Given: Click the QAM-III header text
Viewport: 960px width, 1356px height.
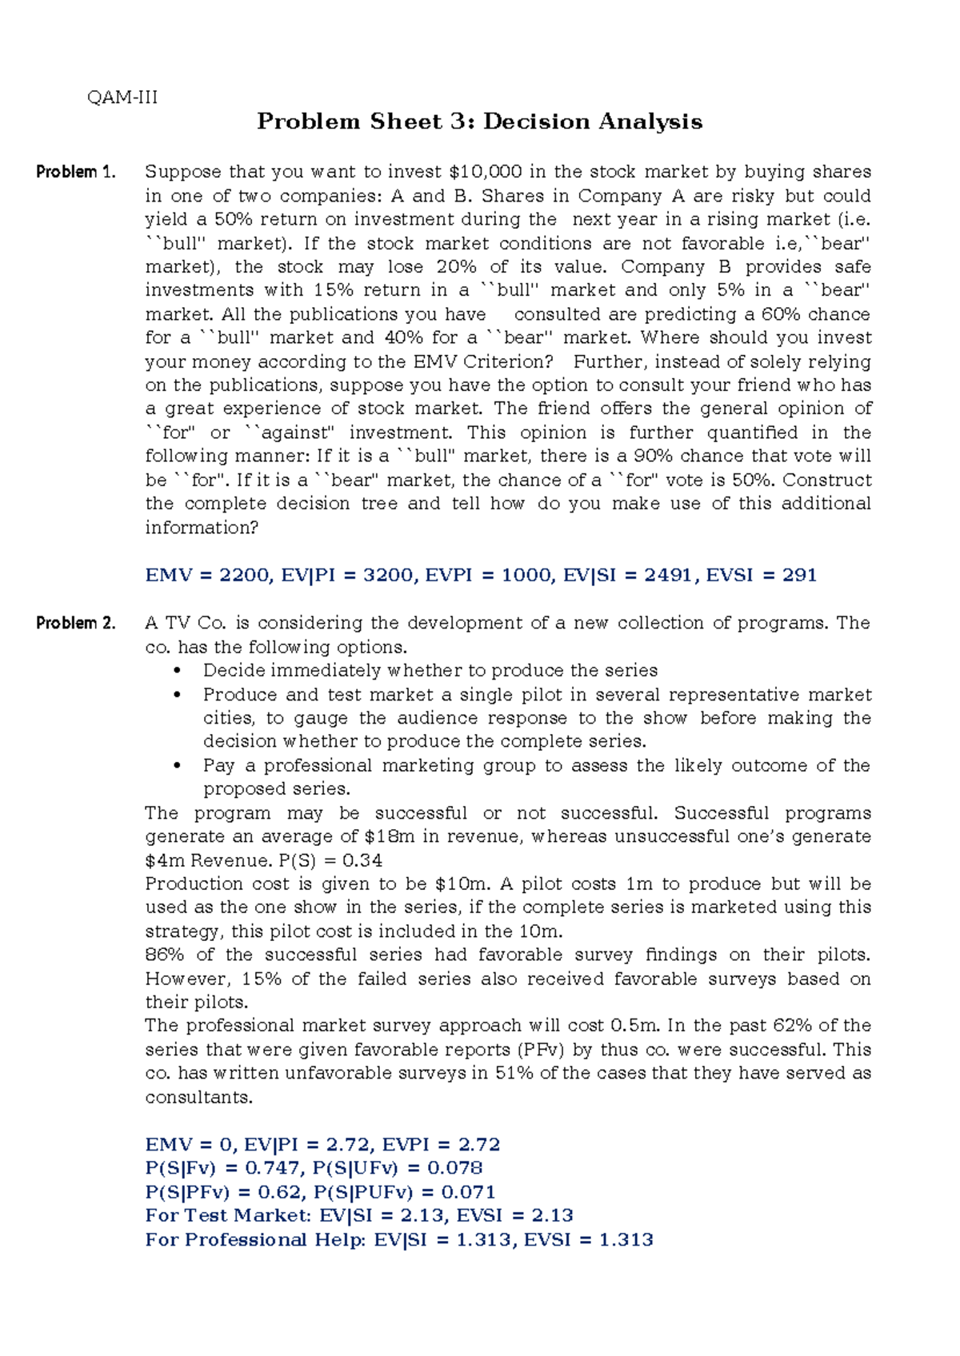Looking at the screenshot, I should click(122, 98).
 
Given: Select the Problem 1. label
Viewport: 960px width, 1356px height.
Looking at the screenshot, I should click(76, 172).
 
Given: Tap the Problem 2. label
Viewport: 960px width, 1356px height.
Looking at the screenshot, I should click(76, 623).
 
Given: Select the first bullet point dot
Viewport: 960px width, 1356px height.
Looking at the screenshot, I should click(178, 671).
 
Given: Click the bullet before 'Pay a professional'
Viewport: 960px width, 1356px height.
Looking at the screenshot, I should click(178, 766).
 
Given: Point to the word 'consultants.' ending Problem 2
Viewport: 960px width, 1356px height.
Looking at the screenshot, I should click(198, 1097).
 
